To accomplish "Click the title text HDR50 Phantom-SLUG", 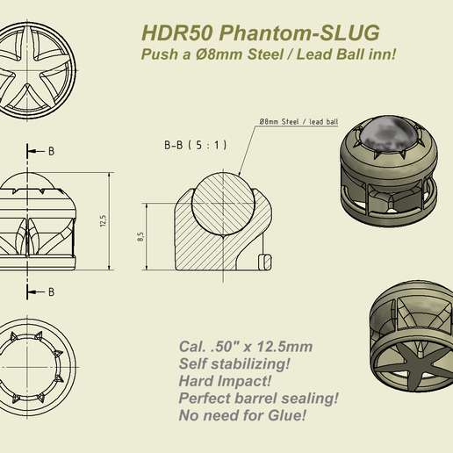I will coord(260,33).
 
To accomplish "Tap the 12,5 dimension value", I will coord(103,220).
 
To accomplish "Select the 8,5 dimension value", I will coord(140,237).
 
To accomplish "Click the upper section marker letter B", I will coord(51,151).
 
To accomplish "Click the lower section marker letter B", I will coord(51,291).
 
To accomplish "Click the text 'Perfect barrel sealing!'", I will coord(258,397).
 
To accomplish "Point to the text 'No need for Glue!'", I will coord(242,413).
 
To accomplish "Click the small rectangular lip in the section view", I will coord(263,261).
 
